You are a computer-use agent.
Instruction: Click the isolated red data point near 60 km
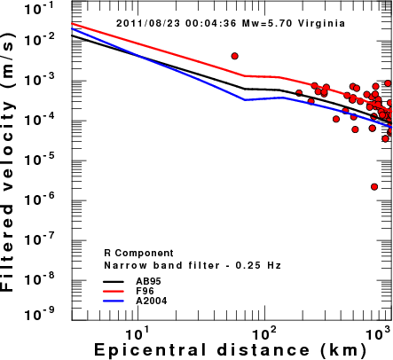(235, 56)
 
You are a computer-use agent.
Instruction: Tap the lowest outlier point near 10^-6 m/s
(374, 187)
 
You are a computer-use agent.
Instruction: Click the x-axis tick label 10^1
(138, 334)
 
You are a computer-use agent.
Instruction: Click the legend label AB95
(148, 281)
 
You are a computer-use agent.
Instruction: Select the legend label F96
(145, 291)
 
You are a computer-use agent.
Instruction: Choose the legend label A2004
(152, 301)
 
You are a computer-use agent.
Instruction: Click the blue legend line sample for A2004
(114, 301)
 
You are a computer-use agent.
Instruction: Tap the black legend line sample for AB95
(114, 281)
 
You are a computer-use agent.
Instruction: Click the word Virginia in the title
(321, 23)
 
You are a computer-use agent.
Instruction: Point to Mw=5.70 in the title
(267, 23)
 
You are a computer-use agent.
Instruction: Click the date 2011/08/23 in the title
(148, 23)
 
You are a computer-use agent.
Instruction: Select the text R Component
(138, 254)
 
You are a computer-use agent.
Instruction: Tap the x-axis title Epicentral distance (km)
(230, 350)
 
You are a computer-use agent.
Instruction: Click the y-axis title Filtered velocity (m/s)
(8, 162)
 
